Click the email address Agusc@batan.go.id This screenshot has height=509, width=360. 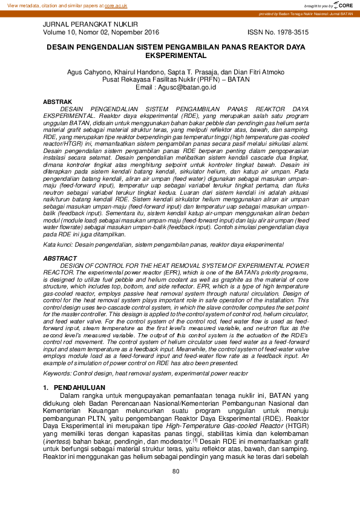[188, 87]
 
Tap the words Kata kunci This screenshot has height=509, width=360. [56, 245]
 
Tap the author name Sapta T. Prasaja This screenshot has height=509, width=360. [198, 72]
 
